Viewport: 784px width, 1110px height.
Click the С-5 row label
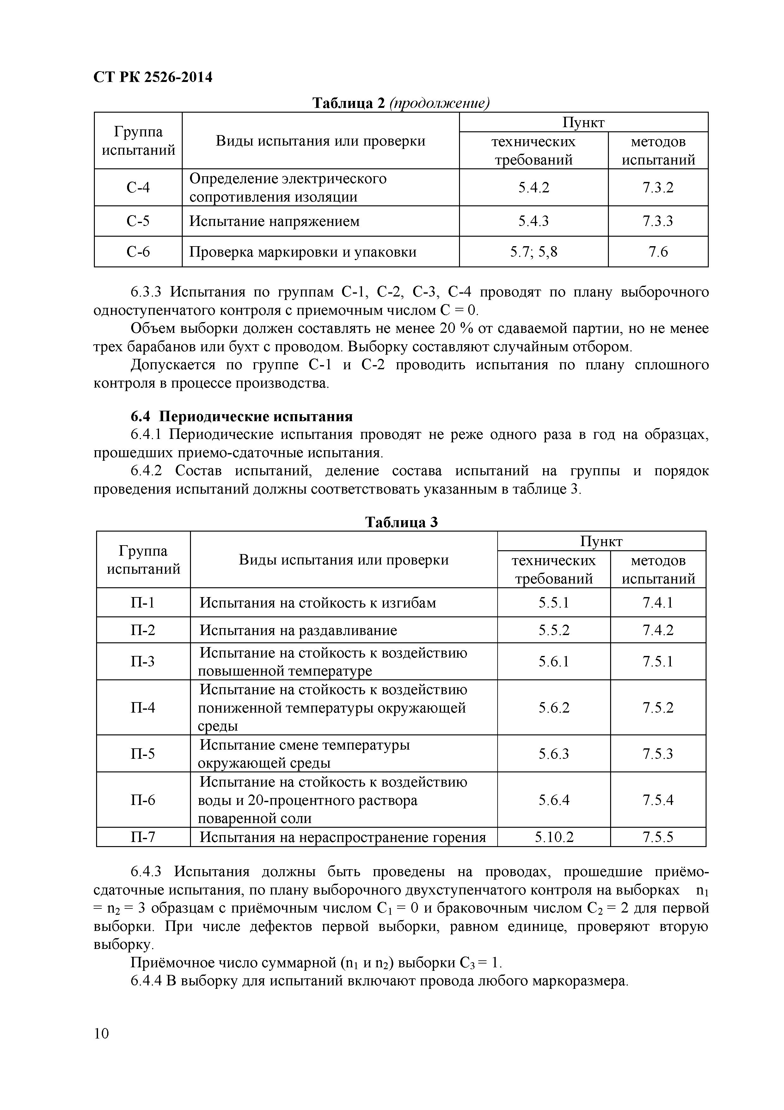138,221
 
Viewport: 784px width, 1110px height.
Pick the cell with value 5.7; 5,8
533,252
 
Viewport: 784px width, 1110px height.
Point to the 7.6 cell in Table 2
658,252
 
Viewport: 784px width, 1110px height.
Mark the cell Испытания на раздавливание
298,630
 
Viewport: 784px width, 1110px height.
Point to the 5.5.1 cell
554,603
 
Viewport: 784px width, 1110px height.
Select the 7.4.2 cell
658,630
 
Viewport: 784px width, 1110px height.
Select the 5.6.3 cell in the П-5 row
554,754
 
